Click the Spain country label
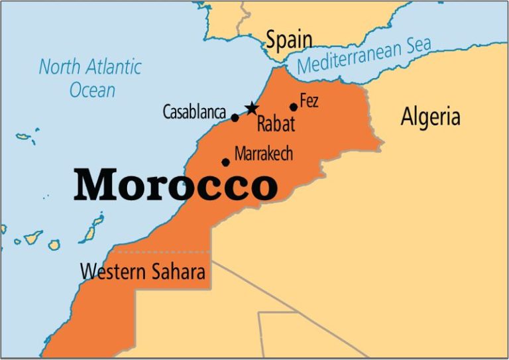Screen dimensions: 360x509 (x=289, y=40)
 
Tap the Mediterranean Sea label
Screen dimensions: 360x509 (x=364, y=55)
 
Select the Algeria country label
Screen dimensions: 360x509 (x=430, y=117)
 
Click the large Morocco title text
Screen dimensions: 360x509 (x=176, y=185)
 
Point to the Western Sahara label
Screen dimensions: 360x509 (x=142, y=272)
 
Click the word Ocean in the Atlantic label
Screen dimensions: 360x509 (x=93, y=90)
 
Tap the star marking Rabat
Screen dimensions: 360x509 (x=251, y=109)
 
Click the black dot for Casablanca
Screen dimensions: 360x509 (x=235, y=118)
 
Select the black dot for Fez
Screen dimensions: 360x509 (x=294, y=107)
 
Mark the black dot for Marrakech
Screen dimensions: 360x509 (x=225, y=162)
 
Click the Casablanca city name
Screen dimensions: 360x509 (x=194, y=113)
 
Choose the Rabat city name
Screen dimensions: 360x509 (x=276, y=124)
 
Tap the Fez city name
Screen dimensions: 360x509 (x=310, y=101)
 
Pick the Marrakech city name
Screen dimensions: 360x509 (x=263, y=153)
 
